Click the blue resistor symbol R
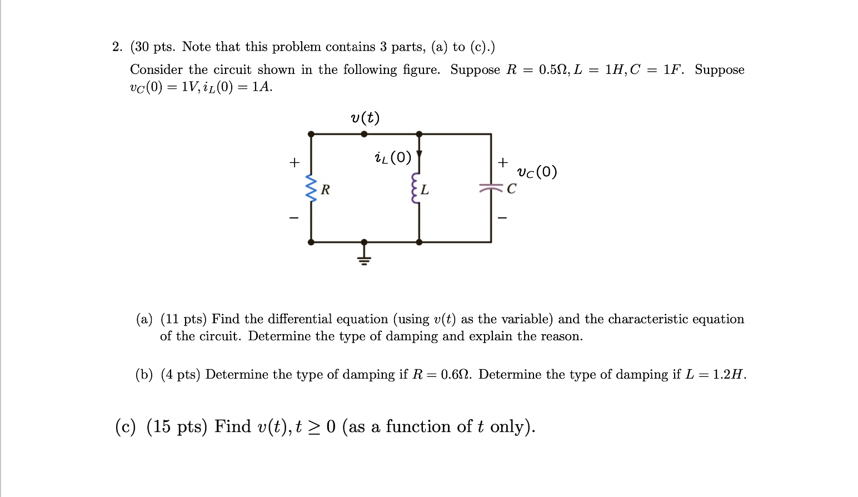click(311, 189)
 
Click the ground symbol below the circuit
click(364, 256)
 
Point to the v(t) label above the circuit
click(365, 118)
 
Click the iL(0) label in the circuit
click(393, 158)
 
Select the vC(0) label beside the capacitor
click(536, 172)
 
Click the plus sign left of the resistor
click(294, 163)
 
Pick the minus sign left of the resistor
click(294, 217)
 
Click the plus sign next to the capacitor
click(502, 162)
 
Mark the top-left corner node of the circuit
click(311, 134)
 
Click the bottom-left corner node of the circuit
click(311, 242)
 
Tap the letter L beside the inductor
click(425, 190)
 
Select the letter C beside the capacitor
click(511, 189)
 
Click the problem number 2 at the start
click(116, 47)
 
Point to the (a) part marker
click(144, 319)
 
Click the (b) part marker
click(144, 375)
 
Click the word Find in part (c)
click(232, 426)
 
